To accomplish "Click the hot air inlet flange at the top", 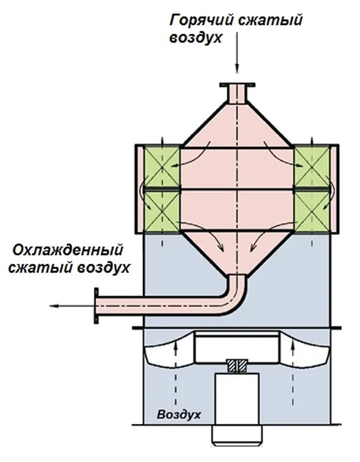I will [x=237, y=85].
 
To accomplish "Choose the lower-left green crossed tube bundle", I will [x=162, y=211].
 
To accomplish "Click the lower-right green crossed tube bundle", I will [x=311, y=211].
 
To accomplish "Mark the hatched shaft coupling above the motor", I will [x=237, y=365].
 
